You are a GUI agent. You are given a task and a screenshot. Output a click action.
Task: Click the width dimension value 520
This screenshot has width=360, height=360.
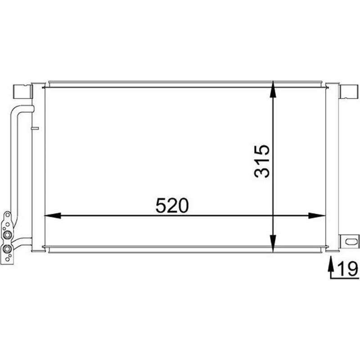click(x=172, y=206)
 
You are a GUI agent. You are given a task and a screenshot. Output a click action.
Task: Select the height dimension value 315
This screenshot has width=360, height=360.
click(x=262, y=161)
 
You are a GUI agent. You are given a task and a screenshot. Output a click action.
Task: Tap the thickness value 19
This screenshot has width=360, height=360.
click(x=348, y=269)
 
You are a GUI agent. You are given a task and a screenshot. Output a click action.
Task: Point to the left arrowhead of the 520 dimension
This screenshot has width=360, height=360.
click(x=52, y=216)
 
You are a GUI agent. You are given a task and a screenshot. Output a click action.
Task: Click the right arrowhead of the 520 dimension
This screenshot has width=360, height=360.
click(x=317, y=216)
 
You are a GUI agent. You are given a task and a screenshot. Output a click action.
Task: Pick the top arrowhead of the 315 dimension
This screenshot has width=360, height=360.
click(x=273, y=89)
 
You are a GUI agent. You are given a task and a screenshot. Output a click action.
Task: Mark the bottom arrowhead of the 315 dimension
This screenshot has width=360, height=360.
click(x=273, y=244)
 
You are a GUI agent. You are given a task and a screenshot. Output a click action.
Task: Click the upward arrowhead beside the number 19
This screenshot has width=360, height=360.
click(x=331, y=263)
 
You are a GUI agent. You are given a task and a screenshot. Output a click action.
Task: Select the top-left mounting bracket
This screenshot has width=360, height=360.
click(x=22, y=92)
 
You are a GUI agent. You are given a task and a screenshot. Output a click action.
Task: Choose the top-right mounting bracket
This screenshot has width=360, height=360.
click(x=349, y=92)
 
